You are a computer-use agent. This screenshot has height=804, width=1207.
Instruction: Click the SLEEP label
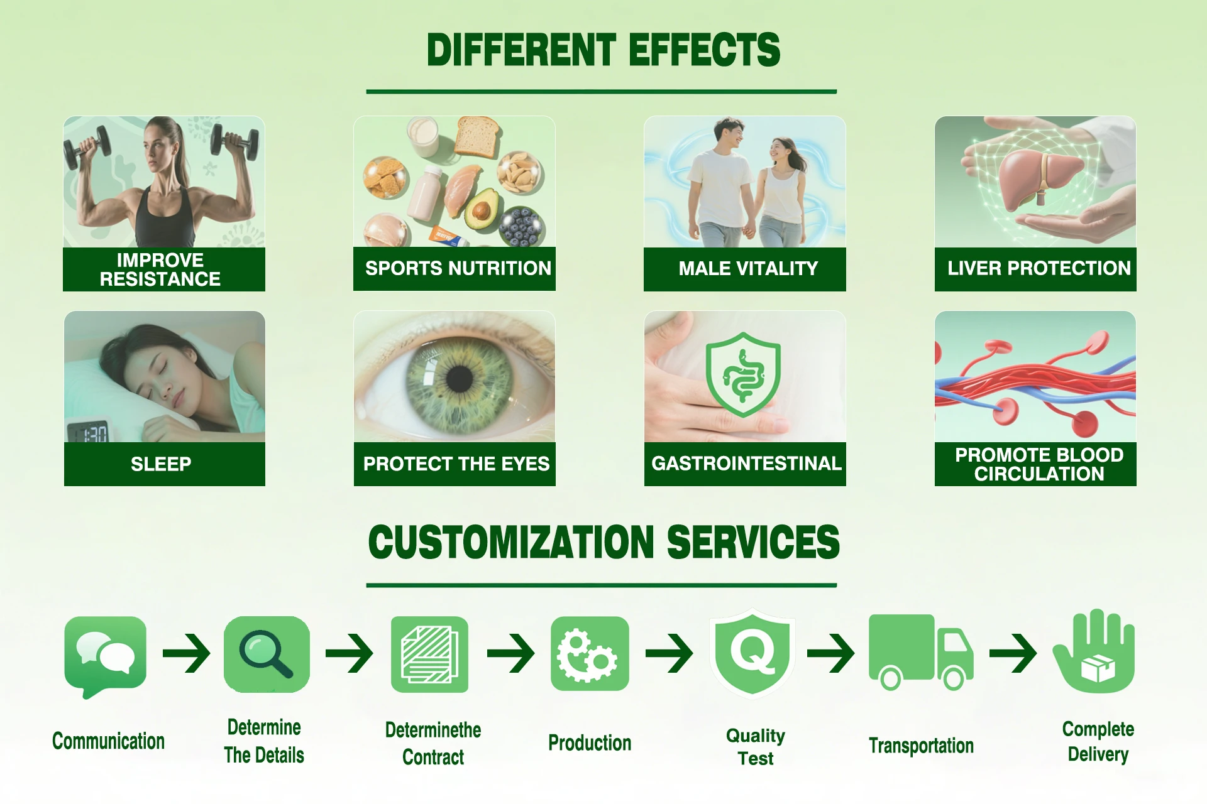[161, 464]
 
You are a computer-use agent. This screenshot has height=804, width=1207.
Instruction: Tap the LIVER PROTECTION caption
[1039, 268]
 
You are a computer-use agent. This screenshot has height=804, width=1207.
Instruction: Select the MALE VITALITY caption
[748, 268]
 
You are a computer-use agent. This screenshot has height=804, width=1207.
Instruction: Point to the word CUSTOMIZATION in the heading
[512, 542]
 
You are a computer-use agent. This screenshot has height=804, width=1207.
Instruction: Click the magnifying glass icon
[267, 654]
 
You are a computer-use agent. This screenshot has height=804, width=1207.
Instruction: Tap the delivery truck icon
[921, 652]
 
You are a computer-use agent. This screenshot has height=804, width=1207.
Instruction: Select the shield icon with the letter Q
[752, 653]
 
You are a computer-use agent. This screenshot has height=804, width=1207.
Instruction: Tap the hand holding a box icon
[1094, 651]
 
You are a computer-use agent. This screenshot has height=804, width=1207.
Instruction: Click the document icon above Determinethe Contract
[429, 654]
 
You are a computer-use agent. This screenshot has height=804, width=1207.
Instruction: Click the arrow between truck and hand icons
[1013, 653]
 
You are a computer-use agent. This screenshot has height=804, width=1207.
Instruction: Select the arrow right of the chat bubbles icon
[186, 653]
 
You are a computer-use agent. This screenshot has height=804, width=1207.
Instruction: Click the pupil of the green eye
[460, 378]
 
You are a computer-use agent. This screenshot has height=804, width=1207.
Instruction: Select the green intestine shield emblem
[744, 374]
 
